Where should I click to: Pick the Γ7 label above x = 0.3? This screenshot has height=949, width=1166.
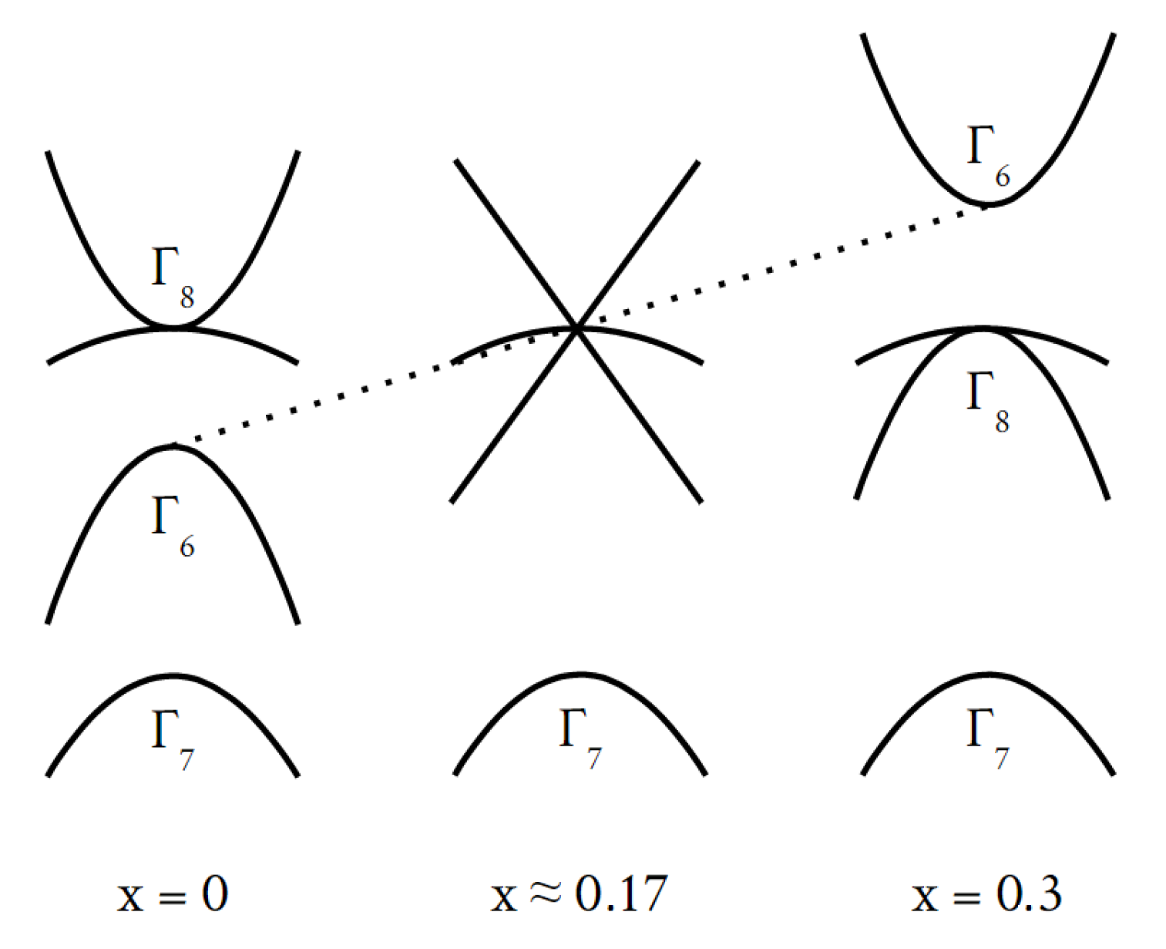[987, 739]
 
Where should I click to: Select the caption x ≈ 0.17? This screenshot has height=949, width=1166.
[579, 894]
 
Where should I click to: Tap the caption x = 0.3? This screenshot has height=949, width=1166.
[987, 894]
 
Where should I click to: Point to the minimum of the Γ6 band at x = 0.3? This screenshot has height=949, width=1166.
[986, 204]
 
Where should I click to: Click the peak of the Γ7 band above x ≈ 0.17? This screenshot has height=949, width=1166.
[580, 675]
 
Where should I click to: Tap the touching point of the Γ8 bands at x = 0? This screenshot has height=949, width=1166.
[174, 327]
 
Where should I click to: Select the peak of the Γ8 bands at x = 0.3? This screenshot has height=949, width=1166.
[983, 328]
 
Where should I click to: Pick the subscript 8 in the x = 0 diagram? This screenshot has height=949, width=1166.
[186, 298]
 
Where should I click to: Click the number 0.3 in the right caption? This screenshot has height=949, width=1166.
[1029, 894]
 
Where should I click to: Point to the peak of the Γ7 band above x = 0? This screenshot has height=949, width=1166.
[173, 676]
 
